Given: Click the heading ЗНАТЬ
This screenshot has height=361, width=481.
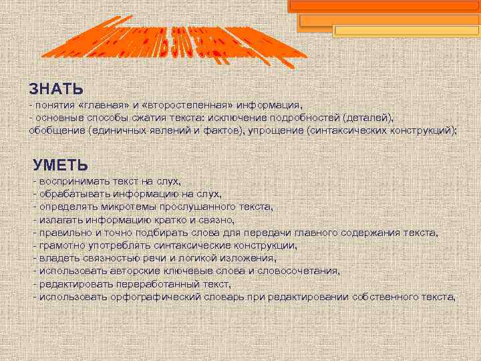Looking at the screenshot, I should click(x=56, y=88).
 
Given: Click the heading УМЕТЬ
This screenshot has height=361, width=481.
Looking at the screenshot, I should click(x=60, y=164).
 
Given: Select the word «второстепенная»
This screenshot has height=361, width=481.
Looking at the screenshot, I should click(x=183, y=106).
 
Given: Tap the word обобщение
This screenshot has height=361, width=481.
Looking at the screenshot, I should click(x=56, y=130).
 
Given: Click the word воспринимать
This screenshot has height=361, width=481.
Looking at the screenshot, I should click(x=73, y=181).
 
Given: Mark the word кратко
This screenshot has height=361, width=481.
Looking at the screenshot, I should click(x=182, y=219).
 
